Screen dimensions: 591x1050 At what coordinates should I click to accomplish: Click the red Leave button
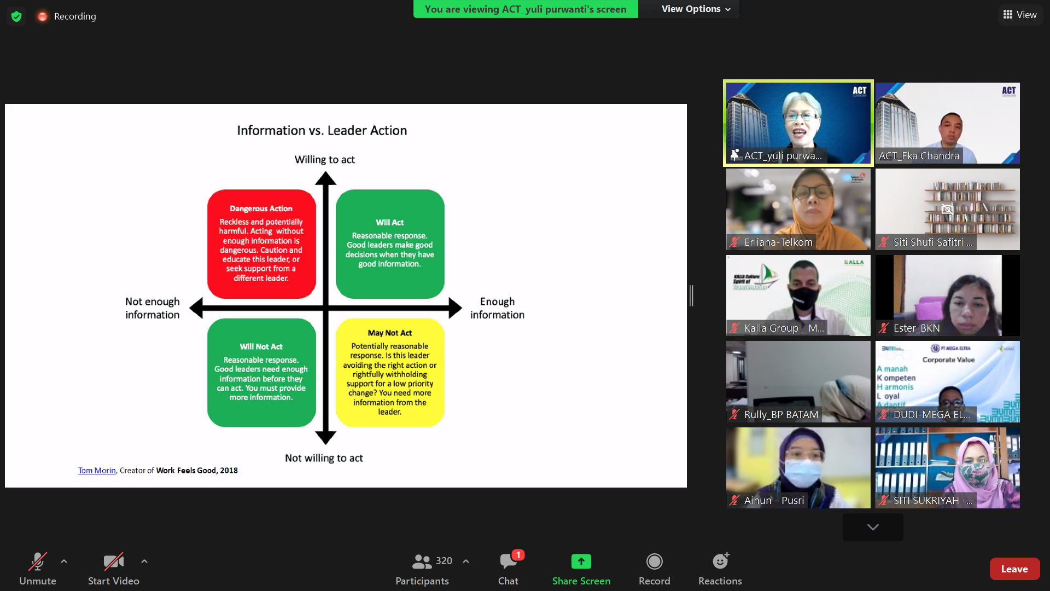1014,569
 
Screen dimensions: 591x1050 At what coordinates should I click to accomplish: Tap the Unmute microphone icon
38,561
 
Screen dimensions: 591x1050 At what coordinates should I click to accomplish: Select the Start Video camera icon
113,561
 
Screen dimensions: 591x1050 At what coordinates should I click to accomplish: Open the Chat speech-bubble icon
508,561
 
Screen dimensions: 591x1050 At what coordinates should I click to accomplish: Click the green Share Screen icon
581,561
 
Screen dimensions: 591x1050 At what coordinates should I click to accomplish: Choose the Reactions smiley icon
720,561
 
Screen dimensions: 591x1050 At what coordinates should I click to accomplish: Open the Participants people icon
422,561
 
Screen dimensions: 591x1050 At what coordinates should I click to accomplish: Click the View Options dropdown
695,9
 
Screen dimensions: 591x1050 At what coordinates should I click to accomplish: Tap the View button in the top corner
1020,15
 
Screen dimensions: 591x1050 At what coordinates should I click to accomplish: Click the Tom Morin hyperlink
97,471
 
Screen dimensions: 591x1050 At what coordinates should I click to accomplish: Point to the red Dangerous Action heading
261,208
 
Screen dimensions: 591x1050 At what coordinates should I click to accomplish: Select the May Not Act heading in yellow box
389,333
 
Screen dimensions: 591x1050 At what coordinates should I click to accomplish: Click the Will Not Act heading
261,346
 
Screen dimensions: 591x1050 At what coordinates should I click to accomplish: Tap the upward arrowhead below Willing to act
325,178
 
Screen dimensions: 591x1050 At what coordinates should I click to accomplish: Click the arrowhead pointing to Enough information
455,308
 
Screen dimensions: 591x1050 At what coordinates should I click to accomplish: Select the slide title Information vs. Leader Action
322,130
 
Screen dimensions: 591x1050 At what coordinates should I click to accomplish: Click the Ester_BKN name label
916,328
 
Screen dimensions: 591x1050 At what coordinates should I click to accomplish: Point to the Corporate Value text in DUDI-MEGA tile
948,360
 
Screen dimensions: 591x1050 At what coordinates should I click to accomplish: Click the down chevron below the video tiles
873,527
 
